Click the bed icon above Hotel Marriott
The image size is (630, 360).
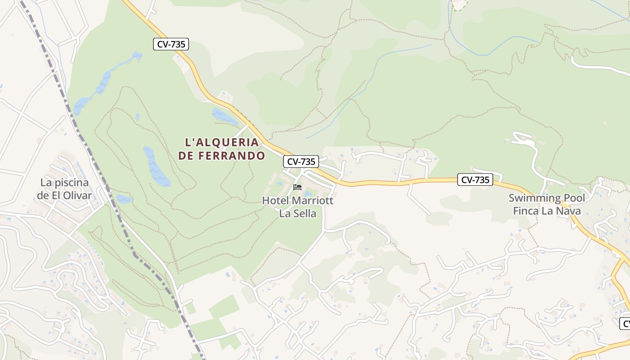pyautogui.click(x=297, y=187)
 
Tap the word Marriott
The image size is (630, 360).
pyautogui.click(x=313, y=201)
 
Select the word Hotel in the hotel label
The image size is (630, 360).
pyautogui.click(x=276, y=201)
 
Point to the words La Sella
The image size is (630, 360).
pyautogui.click(x=298, y=213)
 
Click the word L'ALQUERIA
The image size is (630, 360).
pyautogui.click(x=222, y=143)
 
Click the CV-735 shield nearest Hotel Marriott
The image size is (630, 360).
pyautogui.click(x=301, y=162)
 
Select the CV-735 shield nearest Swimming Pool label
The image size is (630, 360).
pyautogui.click(x=475, y=180)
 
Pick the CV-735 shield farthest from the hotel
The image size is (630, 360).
pyautogui.click(x=171, y=44)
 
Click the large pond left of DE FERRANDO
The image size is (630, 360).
pyautogui.click(x=156, y=166)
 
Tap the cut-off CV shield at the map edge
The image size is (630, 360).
pyautogui.click(x=625, y=323)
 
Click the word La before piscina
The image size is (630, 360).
pyautogui.click(x=47, y=183)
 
